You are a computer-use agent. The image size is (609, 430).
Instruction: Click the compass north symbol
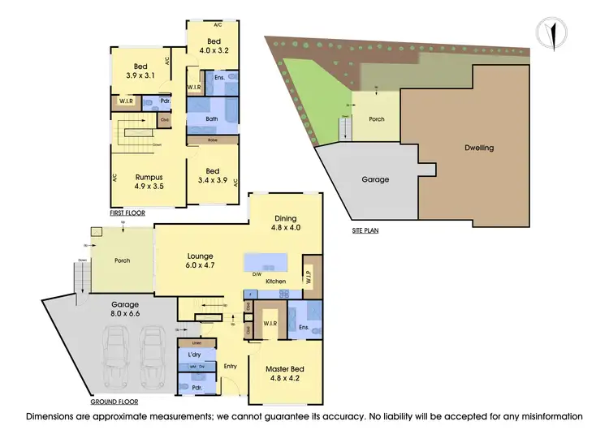(552, 33)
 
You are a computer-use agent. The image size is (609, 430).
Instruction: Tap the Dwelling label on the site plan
(479, 148)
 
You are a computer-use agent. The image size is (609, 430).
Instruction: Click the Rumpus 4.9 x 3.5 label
(149, 181)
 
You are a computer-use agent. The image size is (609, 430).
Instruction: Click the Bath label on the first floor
(212, 119)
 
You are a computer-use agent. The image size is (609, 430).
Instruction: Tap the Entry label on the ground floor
(231, 367)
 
